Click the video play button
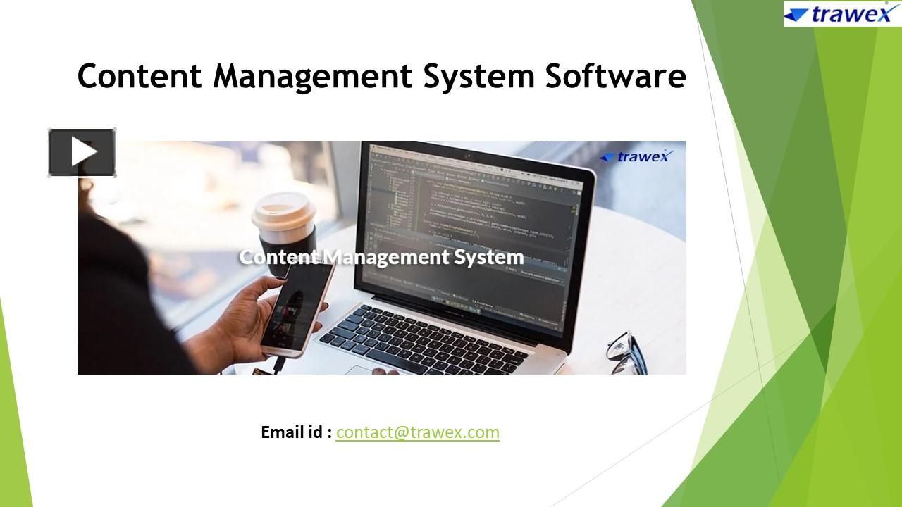[82, 152]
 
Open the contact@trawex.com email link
[417, 432]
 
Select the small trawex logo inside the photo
[637, 156]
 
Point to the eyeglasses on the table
[626, 352]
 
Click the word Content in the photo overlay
[279, 257]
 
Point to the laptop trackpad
[373, 369]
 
